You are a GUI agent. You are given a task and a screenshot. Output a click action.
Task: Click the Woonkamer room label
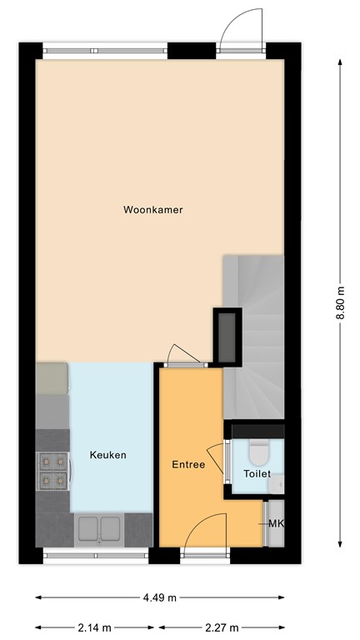point(152,210)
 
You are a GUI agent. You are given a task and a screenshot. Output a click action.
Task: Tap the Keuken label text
point(108,455)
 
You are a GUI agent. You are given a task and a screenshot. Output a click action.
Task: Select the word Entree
point(188,464)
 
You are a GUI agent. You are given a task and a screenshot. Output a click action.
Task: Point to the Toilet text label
point(257,473)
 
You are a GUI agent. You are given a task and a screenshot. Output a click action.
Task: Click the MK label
point(276,523)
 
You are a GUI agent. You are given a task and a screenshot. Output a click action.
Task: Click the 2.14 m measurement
point(96,627)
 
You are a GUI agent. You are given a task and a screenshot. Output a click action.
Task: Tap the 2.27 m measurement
point(222,627)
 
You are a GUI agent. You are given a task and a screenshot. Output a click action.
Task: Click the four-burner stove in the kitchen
point(52,471)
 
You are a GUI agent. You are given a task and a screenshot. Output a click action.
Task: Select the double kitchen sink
point(100,528)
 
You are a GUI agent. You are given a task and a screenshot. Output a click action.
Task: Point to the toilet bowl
point(257,452)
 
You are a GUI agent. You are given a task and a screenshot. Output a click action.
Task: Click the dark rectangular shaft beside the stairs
point(227,335)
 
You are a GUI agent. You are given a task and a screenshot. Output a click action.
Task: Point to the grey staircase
point(254,333)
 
